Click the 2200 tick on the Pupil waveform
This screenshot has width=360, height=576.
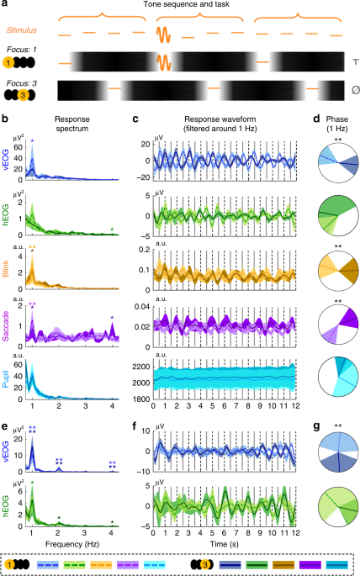[140, 367]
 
